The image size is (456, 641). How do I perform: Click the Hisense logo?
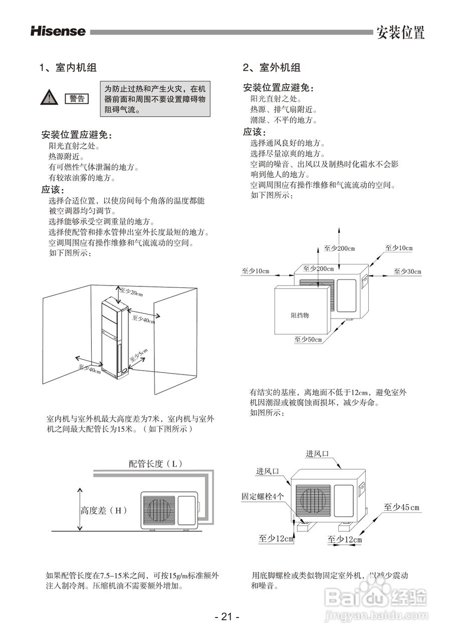pos(58,31)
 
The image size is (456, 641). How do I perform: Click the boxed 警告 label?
pos(77,99)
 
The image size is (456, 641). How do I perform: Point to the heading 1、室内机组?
pos(68,68)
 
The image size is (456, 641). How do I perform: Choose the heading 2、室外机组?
pos(272,68)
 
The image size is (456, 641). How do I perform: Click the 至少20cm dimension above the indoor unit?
pos(131,292)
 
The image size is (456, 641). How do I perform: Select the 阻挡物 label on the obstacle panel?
pos(300,315)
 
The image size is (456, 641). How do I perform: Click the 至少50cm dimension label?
pos(308,340)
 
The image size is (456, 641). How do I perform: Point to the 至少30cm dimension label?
pos(407,271)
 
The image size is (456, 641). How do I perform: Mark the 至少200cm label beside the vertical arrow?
pos(339,248)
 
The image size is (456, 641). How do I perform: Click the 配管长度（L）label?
pos(155,464)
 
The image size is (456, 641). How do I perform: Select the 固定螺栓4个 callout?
pos(263,496)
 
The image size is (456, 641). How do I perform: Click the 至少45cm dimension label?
pos(401,507)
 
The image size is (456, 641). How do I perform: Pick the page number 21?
pos(227,617)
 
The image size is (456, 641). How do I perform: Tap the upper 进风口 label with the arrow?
pos(317,454)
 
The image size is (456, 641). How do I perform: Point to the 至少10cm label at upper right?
pos(398,248)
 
